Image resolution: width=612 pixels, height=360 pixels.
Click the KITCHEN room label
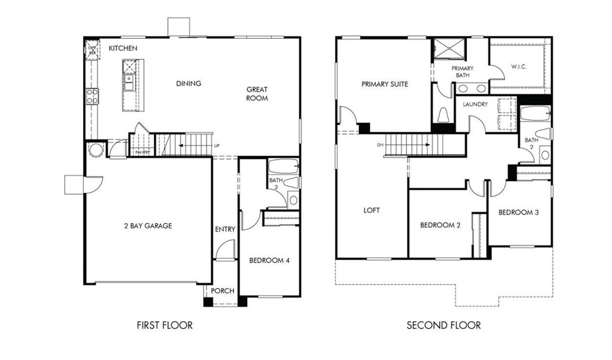pos(123,48)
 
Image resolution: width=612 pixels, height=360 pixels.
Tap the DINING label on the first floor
pos(188,84)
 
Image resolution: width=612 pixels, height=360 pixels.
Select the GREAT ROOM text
pos(257,94)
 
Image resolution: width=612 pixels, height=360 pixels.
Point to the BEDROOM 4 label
pos(269,260)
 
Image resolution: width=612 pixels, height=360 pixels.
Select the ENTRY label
pos(225,229)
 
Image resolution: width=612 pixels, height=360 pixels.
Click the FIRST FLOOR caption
pos(165,325)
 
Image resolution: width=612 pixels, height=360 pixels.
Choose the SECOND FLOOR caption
pos(443,325)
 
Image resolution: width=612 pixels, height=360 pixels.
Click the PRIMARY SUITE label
pos(385,84)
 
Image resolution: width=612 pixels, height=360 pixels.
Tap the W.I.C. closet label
pos(518,67)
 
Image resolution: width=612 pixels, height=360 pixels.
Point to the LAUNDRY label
pos(475,104)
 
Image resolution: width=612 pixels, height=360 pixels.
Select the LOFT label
pos(372,210)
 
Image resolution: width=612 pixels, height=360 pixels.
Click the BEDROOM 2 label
pos(440,225)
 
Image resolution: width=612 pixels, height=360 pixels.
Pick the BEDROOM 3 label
pos(518,212)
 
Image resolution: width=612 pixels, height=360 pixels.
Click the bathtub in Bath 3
pos(283,166)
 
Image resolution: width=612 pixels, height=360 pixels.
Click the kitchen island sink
pos(128,77)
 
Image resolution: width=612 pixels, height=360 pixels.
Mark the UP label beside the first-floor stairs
pos(217,146)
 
